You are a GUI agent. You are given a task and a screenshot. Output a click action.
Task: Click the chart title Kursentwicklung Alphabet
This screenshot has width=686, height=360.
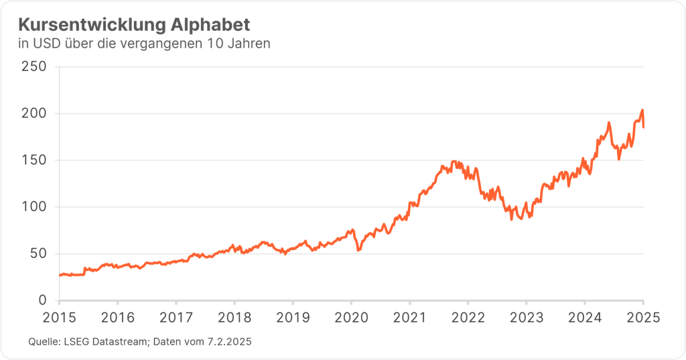tap(133, 25)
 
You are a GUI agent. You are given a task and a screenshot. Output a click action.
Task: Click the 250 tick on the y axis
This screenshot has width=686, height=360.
tap(33, 67)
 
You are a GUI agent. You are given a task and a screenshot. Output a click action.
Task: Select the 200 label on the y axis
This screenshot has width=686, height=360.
tap(33, 114)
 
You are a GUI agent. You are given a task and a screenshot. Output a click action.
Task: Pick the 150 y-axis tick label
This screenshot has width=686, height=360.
tap(33, 160)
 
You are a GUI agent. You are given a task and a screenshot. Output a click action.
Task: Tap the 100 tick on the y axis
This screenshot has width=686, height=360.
tap(33, 207)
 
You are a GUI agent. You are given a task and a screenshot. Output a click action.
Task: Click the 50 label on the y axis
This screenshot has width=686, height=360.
tap(38, 253)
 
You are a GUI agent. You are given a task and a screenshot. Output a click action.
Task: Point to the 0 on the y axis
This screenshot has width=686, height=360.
tap(42, 300)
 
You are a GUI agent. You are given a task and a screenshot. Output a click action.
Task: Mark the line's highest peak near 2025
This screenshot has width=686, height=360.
tap(642, 110)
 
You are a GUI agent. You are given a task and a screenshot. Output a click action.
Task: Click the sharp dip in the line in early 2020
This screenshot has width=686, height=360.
tap(358, 250)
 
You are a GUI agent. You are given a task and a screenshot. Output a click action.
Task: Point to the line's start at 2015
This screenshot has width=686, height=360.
tap(60, 275)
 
